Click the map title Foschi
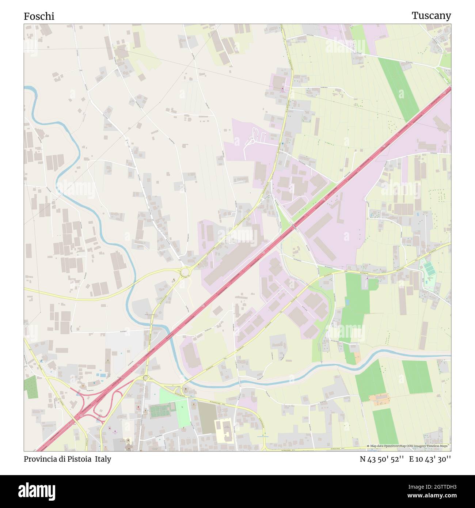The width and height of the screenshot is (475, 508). [39, 16]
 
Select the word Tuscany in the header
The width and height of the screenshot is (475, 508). [431, 15]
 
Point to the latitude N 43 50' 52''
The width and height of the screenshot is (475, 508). [381, 459]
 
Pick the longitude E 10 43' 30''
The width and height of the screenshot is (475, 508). [430, 459]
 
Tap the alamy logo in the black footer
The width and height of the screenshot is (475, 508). [37, 490]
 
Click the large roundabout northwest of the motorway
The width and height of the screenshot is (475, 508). [185, 272]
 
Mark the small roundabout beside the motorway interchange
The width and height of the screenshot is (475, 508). [145, 378]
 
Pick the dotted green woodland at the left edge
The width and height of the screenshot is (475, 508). [31, 387]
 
